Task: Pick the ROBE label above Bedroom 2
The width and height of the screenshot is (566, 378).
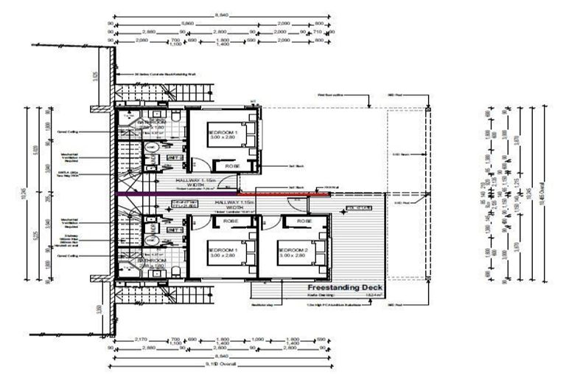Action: coord(302,221)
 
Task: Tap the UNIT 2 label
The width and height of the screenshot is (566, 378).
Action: coord(175,157)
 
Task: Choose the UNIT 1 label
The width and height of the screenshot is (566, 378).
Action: coord(175,230)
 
